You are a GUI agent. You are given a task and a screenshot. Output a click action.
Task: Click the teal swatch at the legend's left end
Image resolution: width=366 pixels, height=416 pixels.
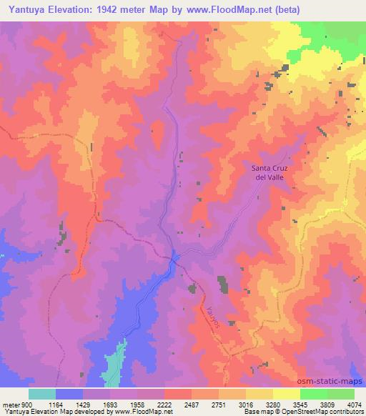42,394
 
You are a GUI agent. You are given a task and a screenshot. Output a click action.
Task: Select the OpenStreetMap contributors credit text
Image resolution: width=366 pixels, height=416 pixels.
330,412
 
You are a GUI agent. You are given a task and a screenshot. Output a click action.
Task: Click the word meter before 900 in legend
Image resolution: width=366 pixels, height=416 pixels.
12,404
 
